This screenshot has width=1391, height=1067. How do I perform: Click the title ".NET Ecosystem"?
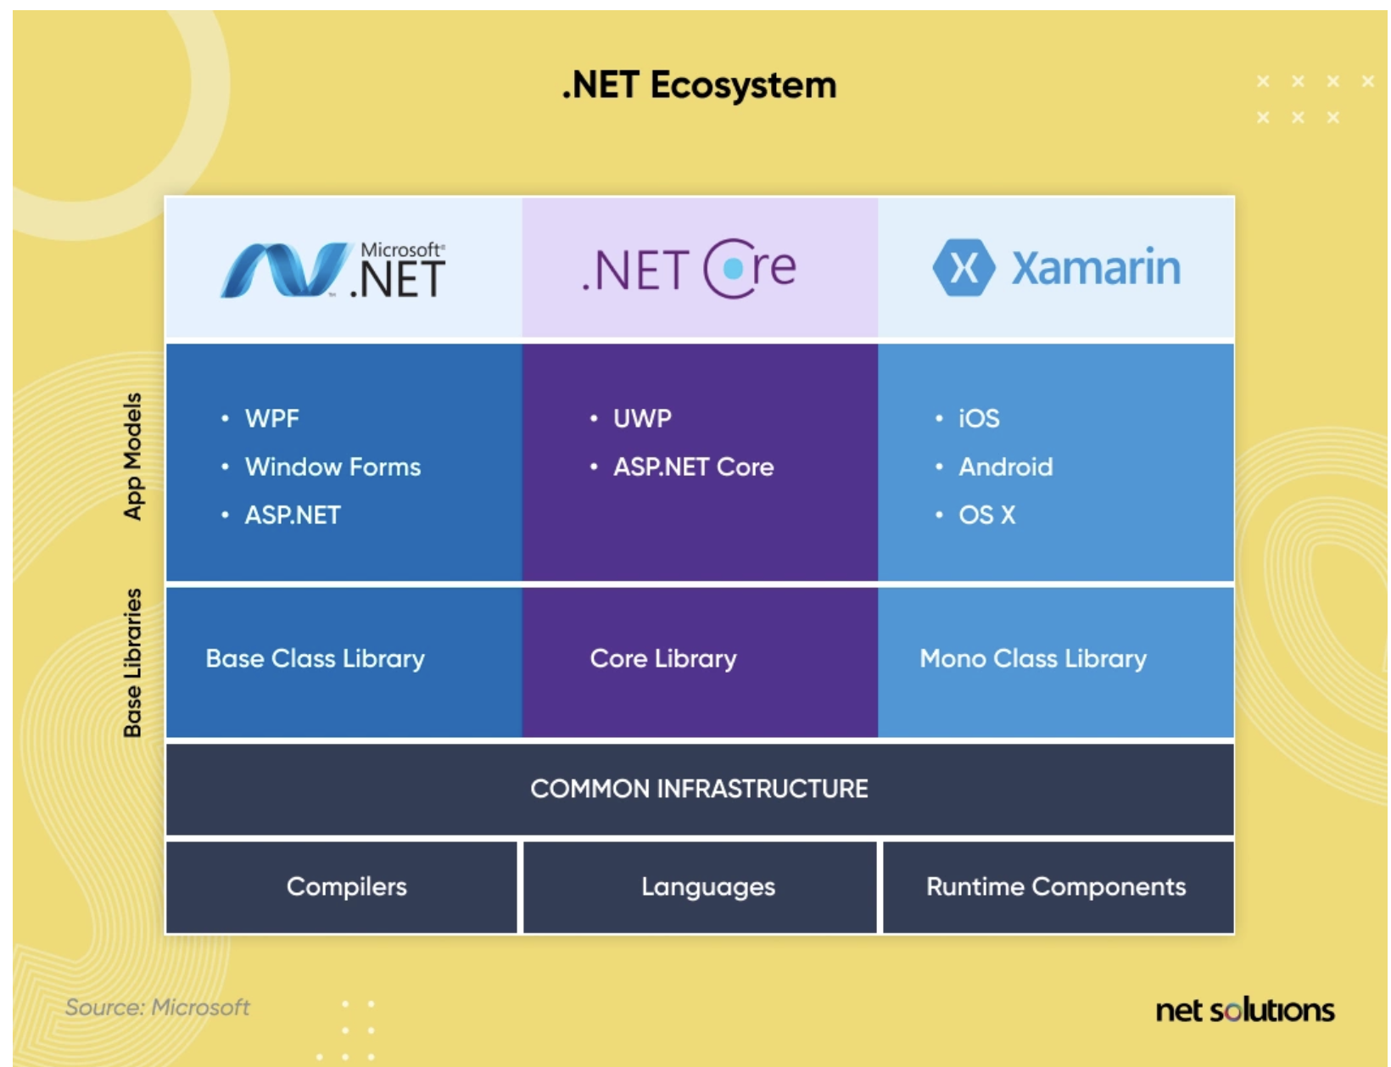(699, 86)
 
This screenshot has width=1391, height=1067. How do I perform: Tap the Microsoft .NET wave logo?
(284, 270)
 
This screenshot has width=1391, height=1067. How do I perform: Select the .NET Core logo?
(689, 269)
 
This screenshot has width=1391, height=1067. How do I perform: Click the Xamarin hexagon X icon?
(964, 268)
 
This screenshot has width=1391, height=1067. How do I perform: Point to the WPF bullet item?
(271, 418)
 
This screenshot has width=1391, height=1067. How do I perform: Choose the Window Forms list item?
(332, 466)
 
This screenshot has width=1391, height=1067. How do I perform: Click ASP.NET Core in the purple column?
(693, 466)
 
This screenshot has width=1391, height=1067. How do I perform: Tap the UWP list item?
(642, 418)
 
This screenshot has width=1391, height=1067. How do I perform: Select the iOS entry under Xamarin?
(979, 418)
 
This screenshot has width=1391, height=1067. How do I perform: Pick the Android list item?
(1005, 466)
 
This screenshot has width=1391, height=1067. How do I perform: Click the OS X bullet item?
(986, 515)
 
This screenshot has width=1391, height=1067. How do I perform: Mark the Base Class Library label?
(315, 658)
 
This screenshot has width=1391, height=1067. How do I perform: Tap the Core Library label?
(663, 658)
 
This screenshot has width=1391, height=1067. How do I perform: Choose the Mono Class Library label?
(1033, 658)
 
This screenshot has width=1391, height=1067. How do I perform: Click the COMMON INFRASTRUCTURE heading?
(699, 789)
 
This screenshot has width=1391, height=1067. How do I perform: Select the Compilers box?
(346, 886)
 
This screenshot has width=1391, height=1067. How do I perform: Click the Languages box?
(707, 886)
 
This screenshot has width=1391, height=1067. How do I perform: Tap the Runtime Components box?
(1056, 886)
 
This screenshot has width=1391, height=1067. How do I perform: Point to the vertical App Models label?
(133, 456)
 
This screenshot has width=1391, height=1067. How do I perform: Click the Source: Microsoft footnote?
(157, 1007)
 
